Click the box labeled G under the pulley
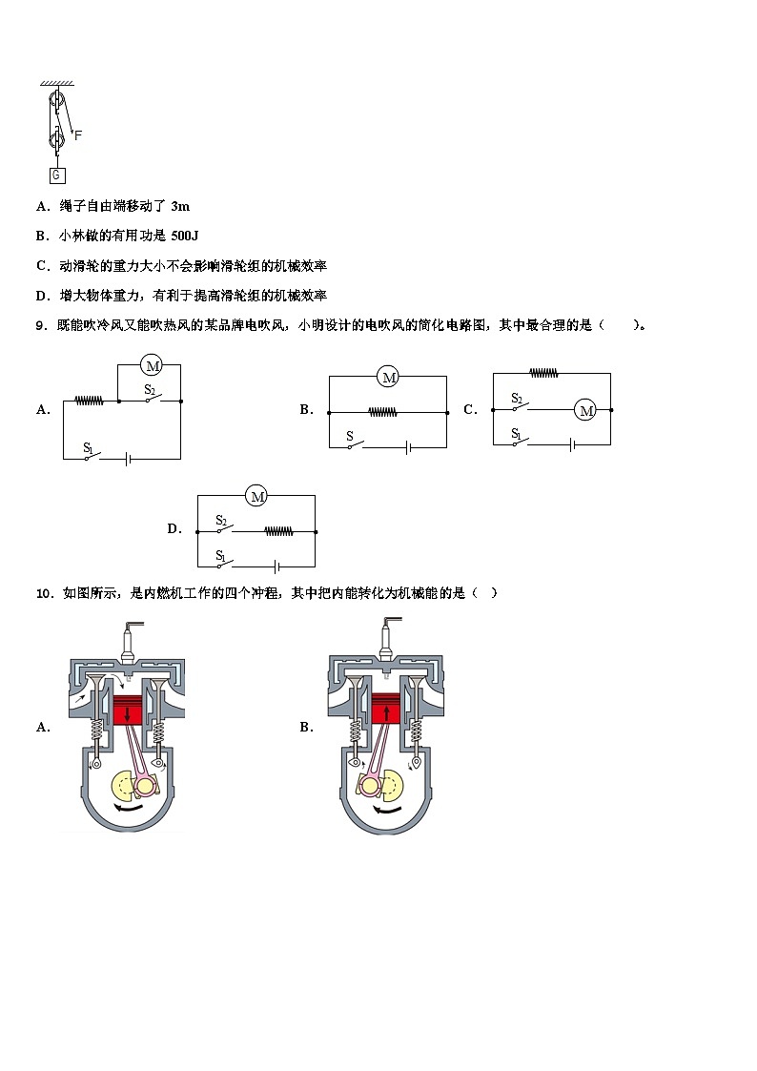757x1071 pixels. [x=56, y=175]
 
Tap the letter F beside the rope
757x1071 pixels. [x=78, y=135]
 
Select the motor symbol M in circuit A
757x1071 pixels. [x=152, y=365]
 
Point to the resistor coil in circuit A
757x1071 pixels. [x=90, y=401]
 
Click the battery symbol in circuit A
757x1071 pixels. [x=128, y=459]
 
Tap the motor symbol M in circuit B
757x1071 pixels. [x=388, y=377]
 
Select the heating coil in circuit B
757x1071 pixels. [x=383, y=412]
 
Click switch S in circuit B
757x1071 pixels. [x=354, y=442]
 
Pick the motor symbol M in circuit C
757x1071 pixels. [x=586, y=410]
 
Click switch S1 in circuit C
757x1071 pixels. [x=520, y=438]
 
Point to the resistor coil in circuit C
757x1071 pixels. [x=544, y=373]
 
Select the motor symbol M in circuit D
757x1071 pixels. [x=257, y=496]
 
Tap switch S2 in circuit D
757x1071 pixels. [x=224, y=525]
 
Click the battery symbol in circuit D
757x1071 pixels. [x=276, y=566]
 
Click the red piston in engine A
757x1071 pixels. [x=128, y=711]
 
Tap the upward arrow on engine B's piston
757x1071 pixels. [x=386, y=712]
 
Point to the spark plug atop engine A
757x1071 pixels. [x=129, y=642]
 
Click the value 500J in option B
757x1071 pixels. [x=184, y=236]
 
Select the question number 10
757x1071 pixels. [x=45, y=593]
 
